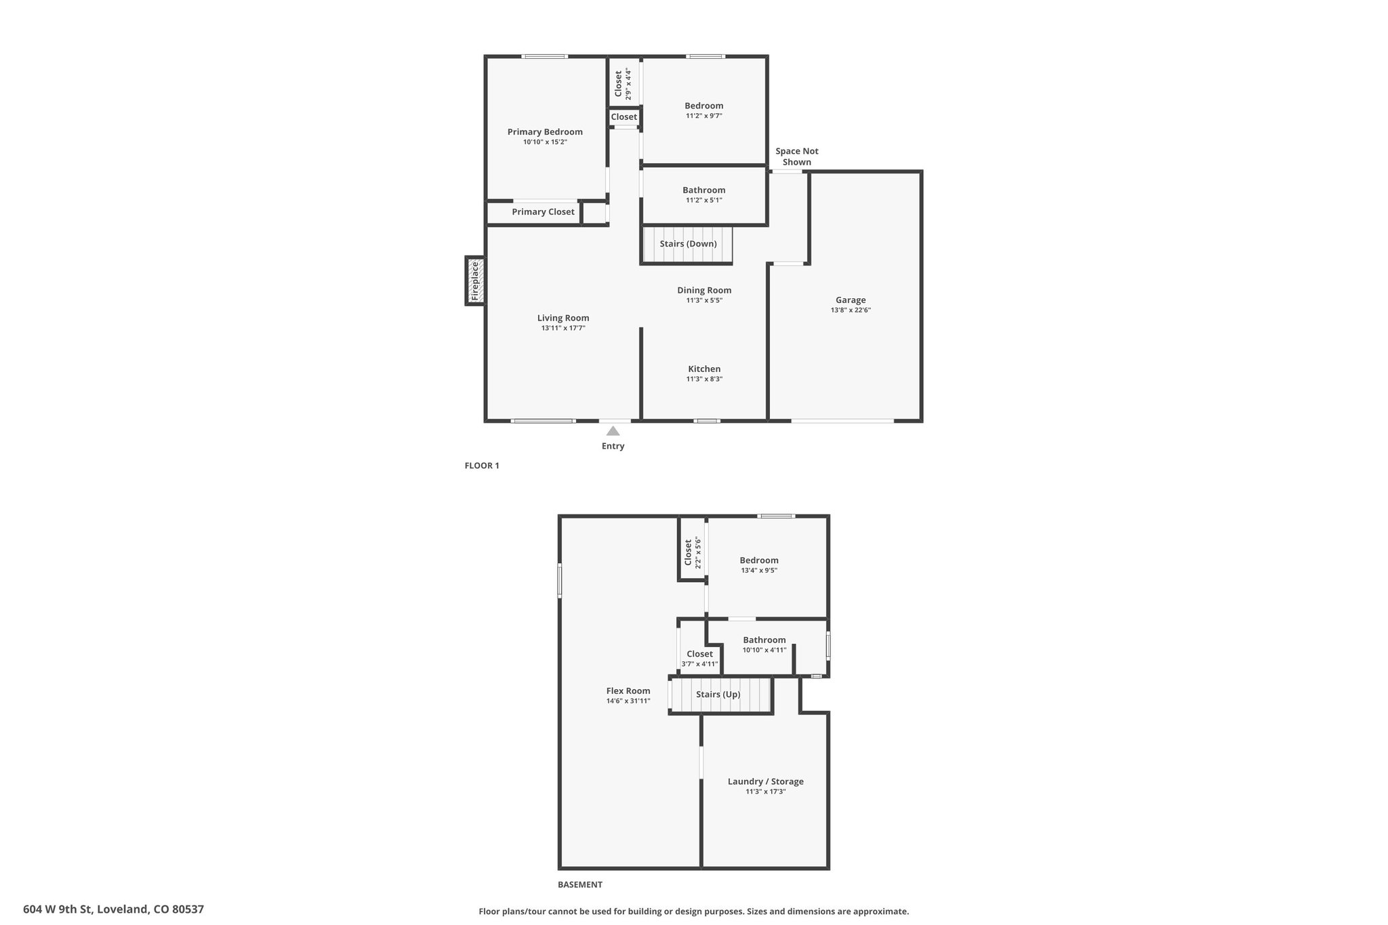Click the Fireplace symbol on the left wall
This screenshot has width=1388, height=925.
(475, 281)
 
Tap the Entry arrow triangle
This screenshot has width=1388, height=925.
(613, 431)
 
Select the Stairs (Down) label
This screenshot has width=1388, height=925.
(688, 244)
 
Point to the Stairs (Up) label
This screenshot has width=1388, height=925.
(718, 695)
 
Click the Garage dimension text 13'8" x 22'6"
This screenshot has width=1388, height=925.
(851, 310)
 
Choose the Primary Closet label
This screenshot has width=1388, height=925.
(543, 212)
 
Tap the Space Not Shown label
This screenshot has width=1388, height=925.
(797, 157)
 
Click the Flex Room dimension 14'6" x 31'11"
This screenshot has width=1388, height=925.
(628, 701)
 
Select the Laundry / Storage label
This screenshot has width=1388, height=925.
(766, 781)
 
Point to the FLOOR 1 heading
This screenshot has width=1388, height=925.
(482, 466)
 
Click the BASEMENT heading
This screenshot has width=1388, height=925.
(580, 884)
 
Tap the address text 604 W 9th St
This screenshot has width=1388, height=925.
(57, 909)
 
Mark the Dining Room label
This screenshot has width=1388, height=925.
(704, 291)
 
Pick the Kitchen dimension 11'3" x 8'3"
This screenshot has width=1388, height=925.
(704, 379)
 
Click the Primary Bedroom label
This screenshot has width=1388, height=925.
(545, 132)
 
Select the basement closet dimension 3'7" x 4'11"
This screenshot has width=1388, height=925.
(699, 664)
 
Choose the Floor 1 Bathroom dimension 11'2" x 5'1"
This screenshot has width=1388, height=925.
(704, 201)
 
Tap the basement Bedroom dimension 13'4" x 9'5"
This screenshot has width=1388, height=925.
(759, 571)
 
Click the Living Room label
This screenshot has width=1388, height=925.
(563, 318)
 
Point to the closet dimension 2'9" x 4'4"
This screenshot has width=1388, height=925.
(628, 84)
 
